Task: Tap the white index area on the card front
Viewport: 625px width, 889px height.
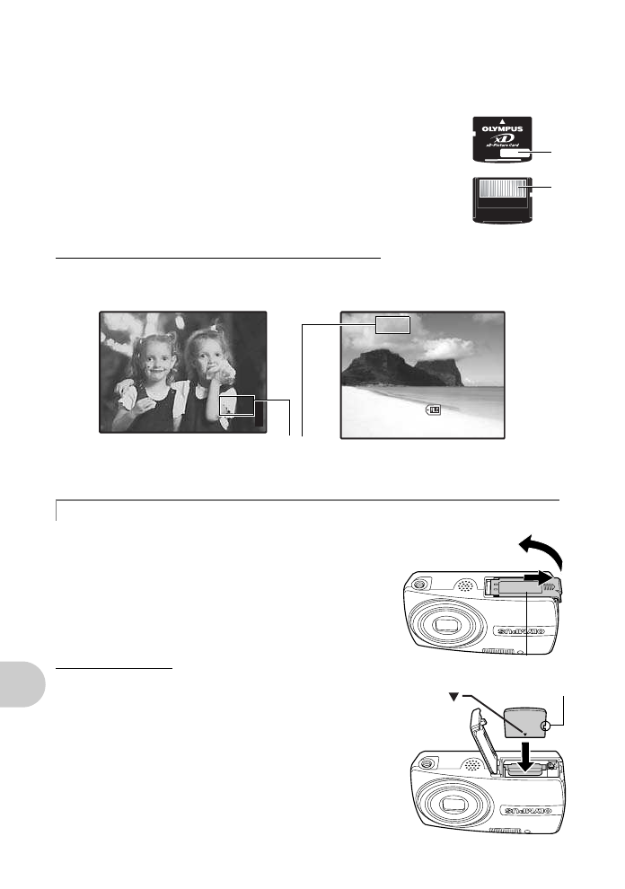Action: [514, 154]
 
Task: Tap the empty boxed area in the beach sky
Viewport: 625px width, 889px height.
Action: [392, 324]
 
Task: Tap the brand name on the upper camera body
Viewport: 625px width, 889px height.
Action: [533, 622]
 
